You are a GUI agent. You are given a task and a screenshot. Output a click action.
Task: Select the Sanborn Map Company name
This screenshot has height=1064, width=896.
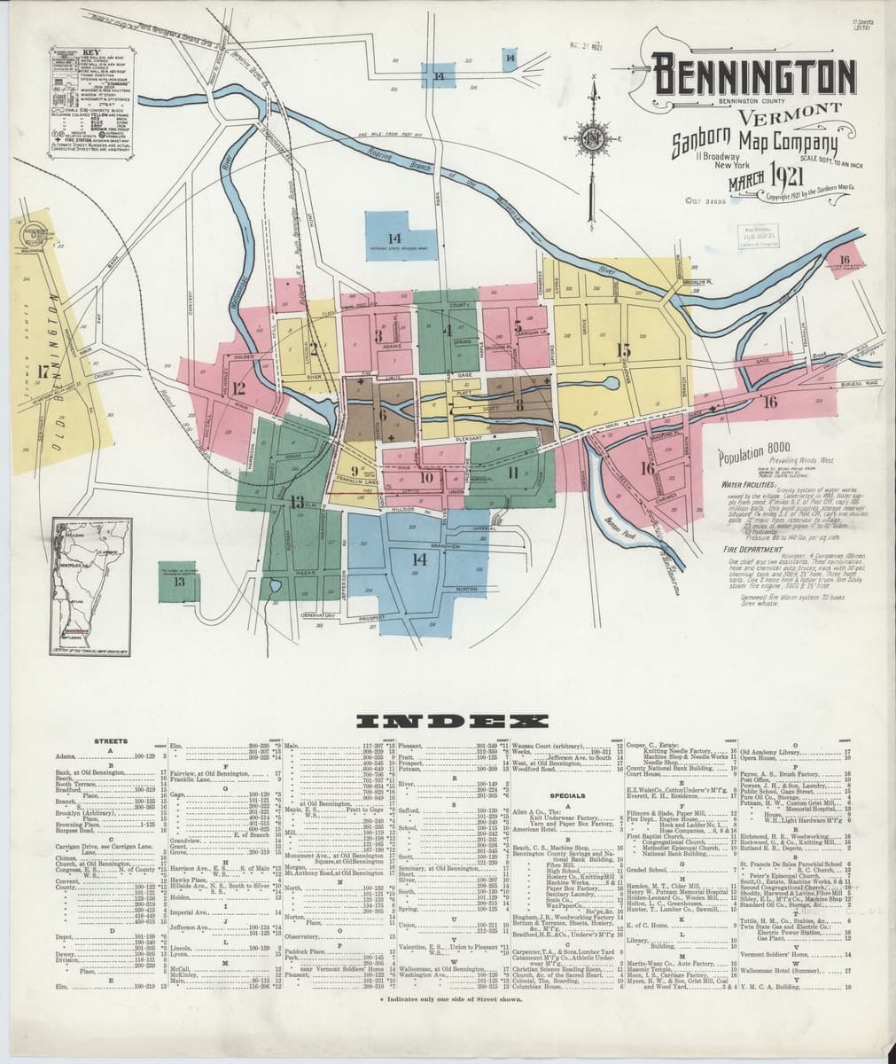(x=753, y=143)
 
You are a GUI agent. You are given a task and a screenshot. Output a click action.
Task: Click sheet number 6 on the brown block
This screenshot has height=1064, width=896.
(x=383, y=413)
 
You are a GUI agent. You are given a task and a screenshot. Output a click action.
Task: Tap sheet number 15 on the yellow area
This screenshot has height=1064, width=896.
(x=624, y=349)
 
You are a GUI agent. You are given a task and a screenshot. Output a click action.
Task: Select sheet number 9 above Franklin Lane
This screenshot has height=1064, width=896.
(x=354, y=471)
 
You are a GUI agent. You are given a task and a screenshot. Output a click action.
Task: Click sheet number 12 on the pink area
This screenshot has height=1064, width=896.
(x=238, y=387)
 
